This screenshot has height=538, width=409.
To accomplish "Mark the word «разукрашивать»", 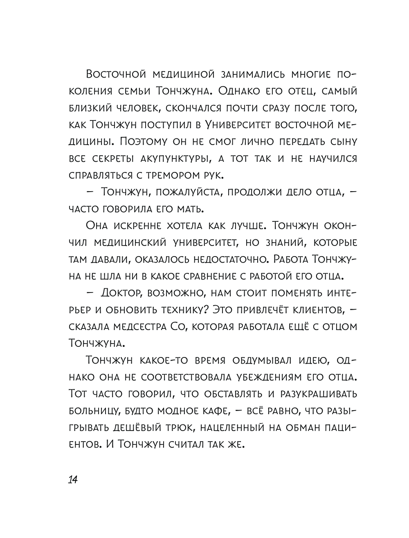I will click(319, 393).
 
